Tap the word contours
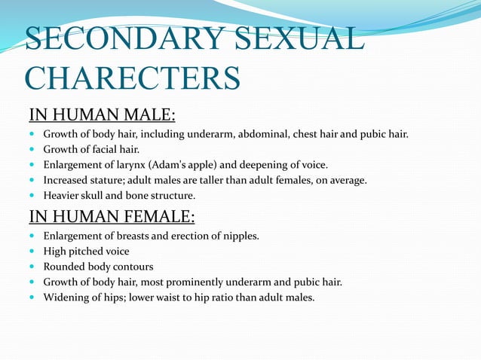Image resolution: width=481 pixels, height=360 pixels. click(x=133, y=267)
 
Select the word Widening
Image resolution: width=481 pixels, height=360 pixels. click(x=66, y=297)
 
